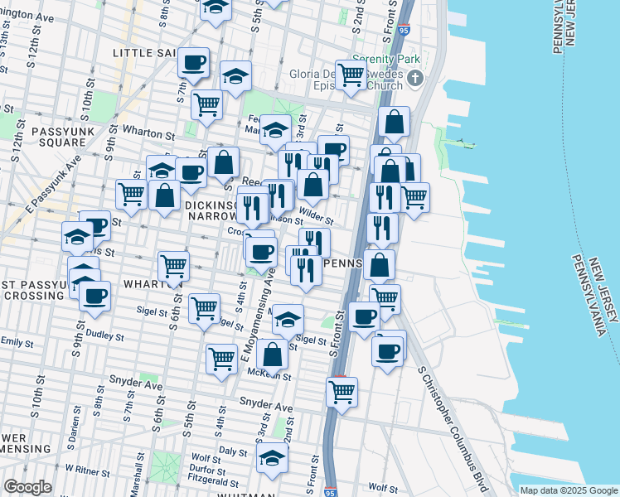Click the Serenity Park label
coord(385,60)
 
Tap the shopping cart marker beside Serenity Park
coord(351,74)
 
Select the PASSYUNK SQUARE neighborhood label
coord(59,137)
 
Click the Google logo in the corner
coord(27,487)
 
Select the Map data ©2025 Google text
coord(568,490)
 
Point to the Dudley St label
coord(104,336)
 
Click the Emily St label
coord(16,340)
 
